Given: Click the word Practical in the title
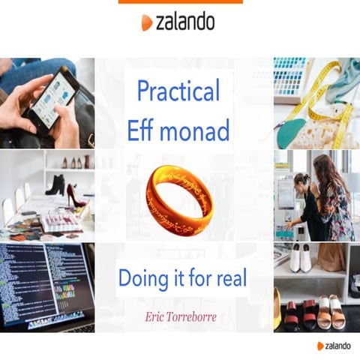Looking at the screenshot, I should [178, 91].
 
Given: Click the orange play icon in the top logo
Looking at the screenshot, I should [146, 23].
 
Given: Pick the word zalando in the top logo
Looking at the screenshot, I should [185, 22].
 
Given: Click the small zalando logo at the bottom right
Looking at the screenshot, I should [337, 346].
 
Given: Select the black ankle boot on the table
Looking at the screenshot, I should [56, 184].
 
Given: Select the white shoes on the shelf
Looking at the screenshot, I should [301, 259].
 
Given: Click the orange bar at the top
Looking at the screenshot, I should [180, 1].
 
